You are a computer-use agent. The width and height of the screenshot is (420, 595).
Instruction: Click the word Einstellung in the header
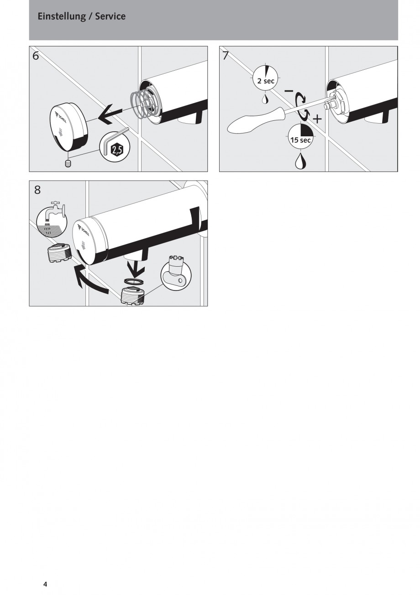(x=62, y=17)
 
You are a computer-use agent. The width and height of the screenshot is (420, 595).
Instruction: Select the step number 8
(x=37, y=190)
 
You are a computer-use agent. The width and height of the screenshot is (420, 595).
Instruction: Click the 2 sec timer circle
(x=265, y=78)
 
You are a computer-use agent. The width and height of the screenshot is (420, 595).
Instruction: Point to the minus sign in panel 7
(x=289, y=91)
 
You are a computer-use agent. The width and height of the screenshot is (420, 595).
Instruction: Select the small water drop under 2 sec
(x=265, y=99)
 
